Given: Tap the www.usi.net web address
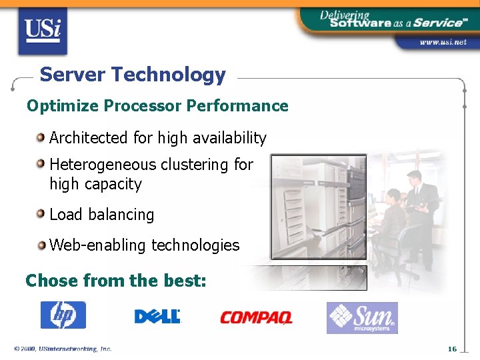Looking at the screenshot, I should [x=442, y=42].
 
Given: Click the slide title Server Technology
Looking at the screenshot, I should [x=133, y=75].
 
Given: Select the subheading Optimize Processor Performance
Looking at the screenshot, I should [x=157, y=106].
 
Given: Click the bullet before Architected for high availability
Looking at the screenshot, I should [x=41, y=138].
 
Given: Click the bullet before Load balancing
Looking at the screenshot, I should [x=41, y=215].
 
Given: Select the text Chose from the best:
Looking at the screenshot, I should [x=116, y=281].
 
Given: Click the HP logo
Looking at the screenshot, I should [x=63, y=315].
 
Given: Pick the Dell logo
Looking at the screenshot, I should [x=157, y=316].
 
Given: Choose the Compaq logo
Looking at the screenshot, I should [x=256, y=317].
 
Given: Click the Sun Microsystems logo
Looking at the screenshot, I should [x=362, y=317].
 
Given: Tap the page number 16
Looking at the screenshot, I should [x=452, y=349].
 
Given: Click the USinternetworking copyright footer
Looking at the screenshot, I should [x=63, y=349].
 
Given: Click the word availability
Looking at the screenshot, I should [x=229, y=138].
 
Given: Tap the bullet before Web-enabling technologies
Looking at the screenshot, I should [x=41, y=245].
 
